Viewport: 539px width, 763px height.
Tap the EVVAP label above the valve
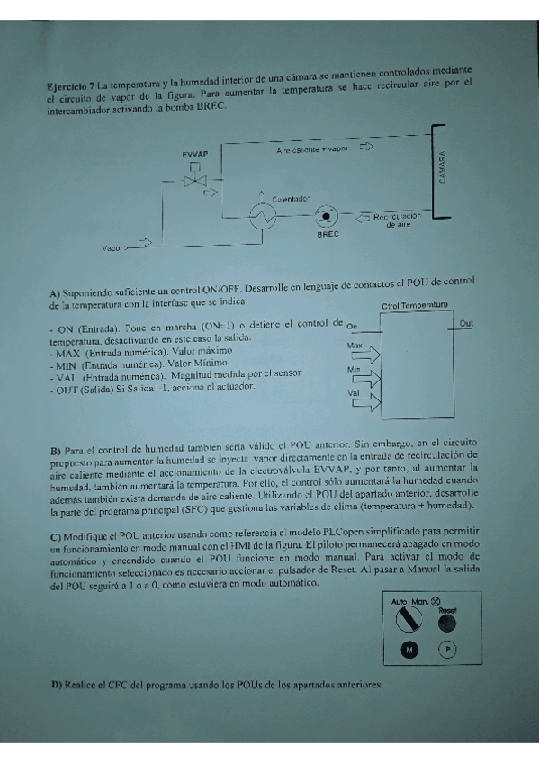click(195, 155)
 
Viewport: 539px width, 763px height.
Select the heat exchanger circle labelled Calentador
click(264, 216)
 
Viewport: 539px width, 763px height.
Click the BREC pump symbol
click(324, 217)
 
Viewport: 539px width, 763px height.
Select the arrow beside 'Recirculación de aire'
click(364, 217)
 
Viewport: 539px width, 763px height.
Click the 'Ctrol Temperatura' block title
click(415, 305)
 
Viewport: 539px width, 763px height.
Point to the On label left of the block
click(352, 326)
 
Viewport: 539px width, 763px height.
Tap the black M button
click(409, 650)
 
